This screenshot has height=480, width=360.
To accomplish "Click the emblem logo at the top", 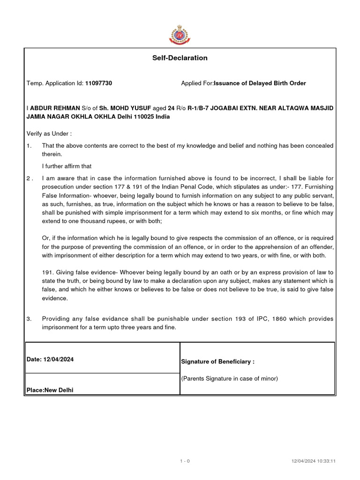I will click(x=180, y=34).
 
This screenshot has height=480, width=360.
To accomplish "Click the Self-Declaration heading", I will click(x=180, y=58).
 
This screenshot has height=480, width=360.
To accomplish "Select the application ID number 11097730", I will click(x=98, y=83).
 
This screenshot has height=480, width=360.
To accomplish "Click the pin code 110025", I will click(x=140, y=117).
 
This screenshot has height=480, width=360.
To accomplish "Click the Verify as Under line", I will click(x=49, y=134).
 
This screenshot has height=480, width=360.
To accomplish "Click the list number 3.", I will click(x=29, y=319).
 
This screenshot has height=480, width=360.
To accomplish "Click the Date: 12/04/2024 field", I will click(x=50, y=360).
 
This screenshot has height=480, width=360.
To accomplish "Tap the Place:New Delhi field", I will click(x=50, y=390).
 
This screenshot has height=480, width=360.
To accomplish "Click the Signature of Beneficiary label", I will click(x=217, y=362).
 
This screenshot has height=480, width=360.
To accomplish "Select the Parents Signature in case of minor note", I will click(x=230, y=379).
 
